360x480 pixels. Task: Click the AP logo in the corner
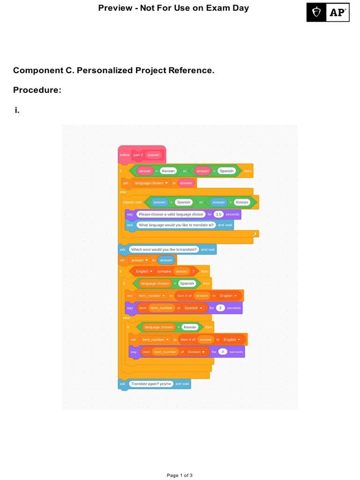pos(328,13)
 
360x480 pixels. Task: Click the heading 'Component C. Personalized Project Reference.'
pos(113,70)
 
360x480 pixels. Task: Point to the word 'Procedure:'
pos(37,90)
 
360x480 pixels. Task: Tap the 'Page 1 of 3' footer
pos(180,475)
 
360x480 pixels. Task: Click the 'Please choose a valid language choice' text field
pos(171,214)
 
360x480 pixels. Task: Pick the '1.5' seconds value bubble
pos(218,214)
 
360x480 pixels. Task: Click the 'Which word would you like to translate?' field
pos(164,249)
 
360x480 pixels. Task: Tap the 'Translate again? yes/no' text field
pos(151,384)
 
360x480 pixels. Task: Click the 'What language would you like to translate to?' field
pos(176,225)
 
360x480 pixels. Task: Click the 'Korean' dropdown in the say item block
pos(196,352)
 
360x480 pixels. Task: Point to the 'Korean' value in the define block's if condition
pos(168,171)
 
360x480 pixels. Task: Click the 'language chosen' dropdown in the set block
pos(151,183)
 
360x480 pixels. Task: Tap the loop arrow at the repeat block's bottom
pos(255,233)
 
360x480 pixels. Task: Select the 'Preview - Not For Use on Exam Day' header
pos(173,8)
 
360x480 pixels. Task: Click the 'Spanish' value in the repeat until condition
pos(183,202)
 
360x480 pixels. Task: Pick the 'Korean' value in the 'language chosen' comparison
pos(190,327)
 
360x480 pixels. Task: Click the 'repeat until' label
pos(132,202)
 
